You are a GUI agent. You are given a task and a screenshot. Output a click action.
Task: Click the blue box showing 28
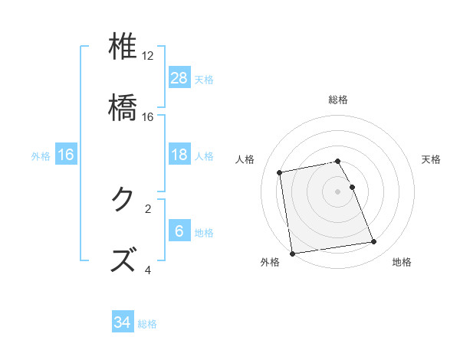(x=179, y=77)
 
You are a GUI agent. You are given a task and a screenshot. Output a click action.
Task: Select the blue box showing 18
(x=179, y=155)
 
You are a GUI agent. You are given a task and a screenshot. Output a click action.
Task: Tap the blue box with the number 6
(x=179, y=231)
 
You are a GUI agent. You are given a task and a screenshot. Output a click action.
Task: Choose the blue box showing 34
(x=123, y=322)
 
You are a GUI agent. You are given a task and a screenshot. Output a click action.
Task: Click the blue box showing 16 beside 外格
(x=66, y=155)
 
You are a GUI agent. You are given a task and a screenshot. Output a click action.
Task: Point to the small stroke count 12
(x=148, y=56)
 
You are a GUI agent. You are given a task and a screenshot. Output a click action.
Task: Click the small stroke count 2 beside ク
(x=148, y=208)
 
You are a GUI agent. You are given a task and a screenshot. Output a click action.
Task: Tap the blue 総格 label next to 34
(x=147, y=324)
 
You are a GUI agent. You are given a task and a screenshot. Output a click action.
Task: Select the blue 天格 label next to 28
(x=204, y=79)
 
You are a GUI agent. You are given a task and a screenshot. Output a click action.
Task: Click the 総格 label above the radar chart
(x=338, y=100)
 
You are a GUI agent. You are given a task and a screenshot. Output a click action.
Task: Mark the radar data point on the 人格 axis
(x=281, y=172)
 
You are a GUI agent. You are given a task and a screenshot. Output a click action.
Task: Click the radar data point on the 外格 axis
(x=292, y=254)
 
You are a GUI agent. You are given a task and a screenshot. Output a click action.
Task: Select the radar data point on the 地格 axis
(x=373, y=242)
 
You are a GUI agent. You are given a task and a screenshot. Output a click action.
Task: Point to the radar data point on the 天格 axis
(x=352, y=186)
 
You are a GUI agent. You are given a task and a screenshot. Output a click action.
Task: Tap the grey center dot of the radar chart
(x=338, y=191)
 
